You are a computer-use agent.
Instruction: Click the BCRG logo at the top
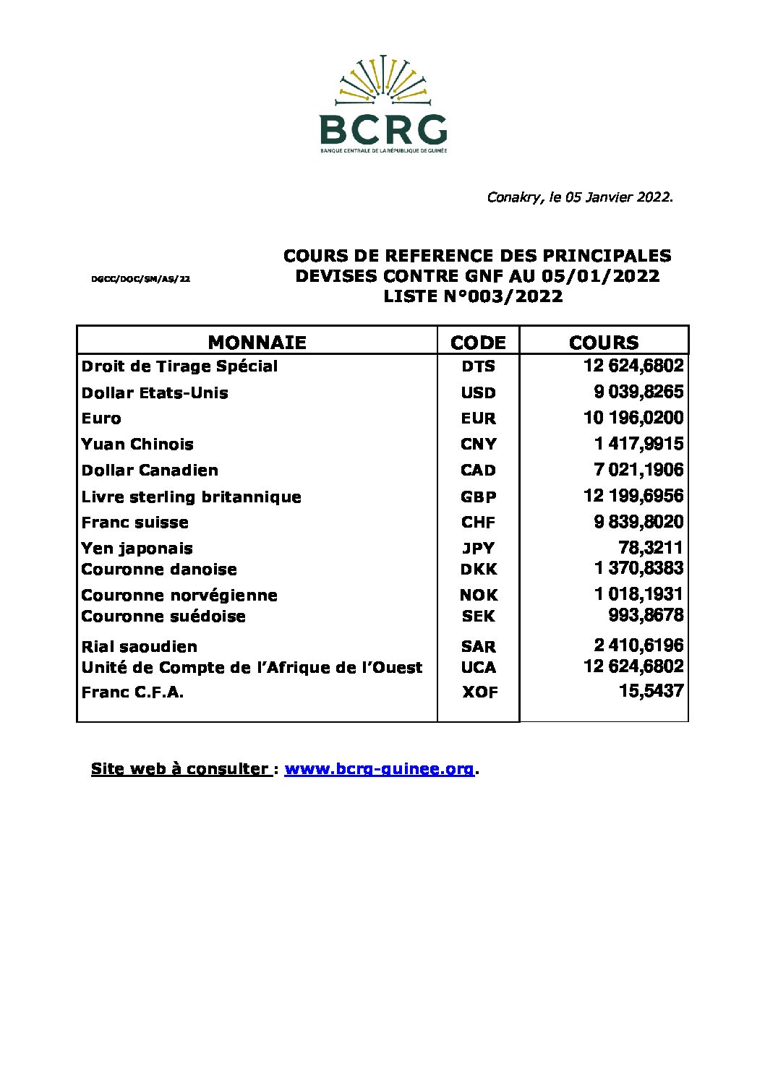383,103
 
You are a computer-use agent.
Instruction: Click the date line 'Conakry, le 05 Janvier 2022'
580,197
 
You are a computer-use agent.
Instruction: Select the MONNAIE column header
257,342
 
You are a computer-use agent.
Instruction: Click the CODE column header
478,342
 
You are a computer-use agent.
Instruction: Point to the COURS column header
604,342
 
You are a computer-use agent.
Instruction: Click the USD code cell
478,393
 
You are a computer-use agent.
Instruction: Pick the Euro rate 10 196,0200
633,418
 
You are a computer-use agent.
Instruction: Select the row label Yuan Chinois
137,444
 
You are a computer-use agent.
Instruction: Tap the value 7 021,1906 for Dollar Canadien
638,470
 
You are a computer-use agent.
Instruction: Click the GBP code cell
478,497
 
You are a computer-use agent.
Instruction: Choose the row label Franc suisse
134,522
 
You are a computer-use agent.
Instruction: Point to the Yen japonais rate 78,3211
651,548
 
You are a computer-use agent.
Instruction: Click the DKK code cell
478,569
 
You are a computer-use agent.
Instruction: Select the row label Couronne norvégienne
179,595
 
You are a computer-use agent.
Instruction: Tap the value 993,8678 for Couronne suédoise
646,615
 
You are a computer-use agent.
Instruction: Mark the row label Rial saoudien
139,646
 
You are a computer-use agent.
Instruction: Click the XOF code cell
479,692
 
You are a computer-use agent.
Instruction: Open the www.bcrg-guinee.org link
380,769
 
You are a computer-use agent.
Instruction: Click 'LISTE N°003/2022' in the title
473,296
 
